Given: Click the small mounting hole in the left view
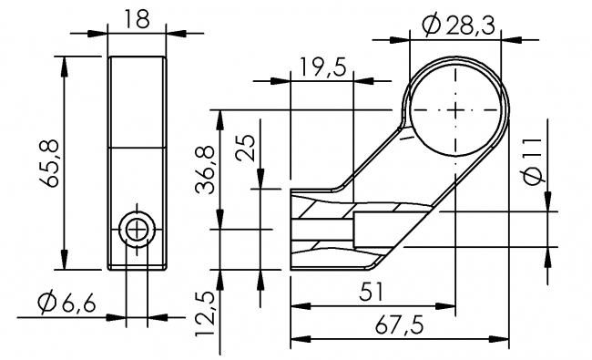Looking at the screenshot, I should pos(138,230).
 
